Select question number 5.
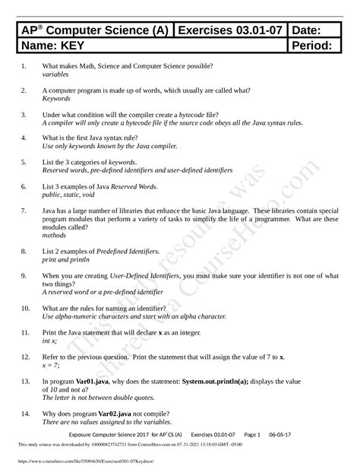(x=24, y=162)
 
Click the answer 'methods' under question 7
(x=55, y=236)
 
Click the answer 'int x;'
(x=51, y=341)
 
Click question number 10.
(x=25, y=308)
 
